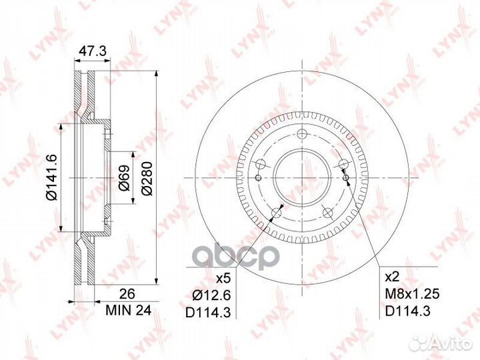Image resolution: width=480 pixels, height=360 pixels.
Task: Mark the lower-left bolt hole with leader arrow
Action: click(275, 213)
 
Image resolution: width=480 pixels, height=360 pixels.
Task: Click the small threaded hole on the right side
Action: click(346, 175)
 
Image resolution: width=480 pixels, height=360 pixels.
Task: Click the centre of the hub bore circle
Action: click(303, 176)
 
